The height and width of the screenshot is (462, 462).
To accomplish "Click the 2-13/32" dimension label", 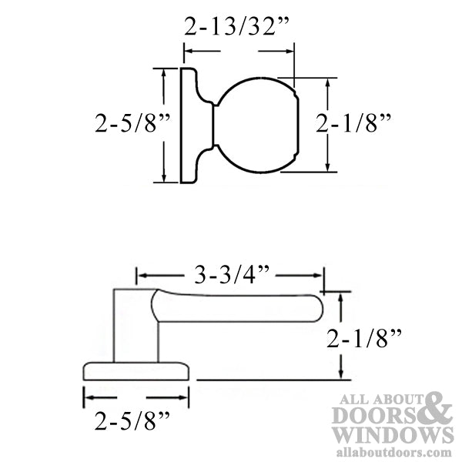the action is [236, 26].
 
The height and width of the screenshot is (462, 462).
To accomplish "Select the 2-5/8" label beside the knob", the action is [132, 123].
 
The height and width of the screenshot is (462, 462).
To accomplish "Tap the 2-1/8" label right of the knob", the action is [353, 123].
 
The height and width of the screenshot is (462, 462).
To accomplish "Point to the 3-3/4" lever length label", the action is [232, 275].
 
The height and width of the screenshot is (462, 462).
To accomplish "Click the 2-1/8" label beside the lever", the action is [364, 338].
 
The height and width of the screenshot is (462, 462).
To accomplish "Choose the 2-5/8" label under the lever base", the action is [132, 420].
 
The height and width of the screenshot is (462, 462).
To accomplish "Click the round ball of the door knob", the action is [256, 126].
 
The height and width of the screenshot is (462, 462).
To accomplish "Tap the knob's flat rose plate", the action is [189, 126].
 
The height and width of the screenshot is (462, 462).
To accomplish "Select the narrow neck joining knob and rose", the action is [215, 126].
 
